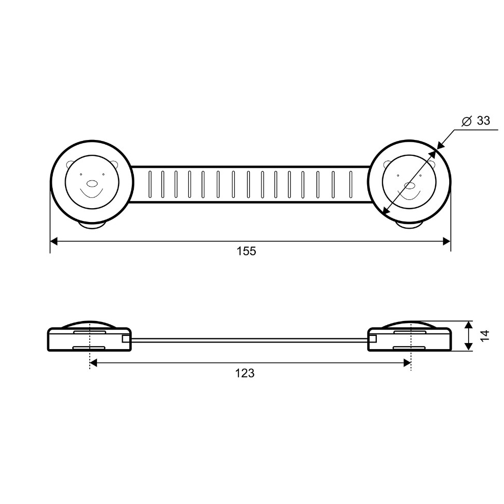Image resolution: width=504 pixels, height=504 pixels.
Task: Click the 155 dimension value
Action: tap(246, 251)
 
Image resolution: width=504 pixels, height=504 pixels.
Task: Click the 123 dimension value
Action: tap(245, 373)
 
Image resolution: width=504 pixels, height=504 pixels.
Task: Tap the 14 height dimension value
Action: tap(486, 335)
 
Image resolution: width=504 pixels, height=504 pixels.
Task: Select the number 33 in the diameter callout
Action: tap(483, 120)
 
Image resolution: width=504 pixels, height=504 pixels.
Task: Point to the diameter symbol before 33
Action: tap(467, 121)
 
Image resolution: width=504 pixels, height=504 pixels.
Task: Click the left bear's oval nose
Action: tap(92, 184)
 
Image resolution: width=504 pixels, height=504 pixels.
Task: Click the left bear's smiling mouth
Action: tap(92, 193)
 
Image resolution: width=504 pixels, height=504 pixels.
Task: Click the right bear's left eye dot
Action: tap(398, 175)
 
